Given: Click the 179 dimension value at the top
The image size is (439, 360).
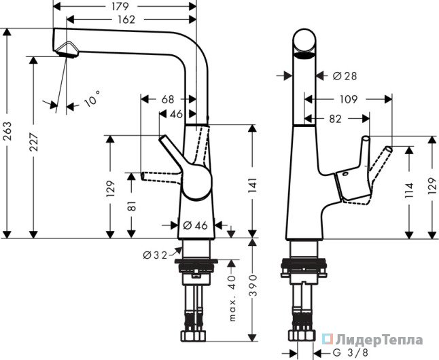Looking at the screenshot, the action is point(120,6).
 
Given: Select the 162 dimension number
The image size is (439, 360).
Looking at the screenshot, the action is point(126,20).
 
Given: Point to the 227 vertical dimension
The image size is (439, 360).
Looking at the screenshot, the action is point(33,142).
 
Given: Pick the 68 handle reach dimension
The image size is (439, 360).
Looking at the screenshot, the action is point(168,99).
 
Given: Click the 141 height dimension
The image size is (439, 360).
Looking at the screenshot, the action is point(252,186).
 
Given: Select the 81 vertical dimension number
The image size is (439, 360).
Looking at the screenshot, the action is point(131,206).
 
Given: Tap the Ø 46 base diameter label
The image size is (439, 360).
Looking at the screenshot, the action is point(195,225).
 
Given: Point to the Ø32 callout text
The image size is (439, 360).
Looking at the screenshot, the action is point(155,255).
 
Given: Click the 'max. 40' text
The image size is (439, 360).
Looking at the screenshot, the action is point(232,298).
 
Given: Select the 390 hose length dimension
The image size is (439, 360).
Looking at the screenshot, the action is point(253,285).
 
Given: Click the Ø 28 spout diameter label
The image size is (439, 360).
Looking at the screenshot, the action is point(345,75).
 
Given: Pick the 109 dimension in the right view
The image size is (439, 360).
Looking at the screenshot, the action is point(349,99).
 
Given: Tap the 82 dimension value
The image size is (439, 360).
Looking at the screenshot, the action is point(336,119).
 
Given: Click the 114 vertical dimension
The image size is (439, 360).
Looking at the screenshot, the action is point(409,190).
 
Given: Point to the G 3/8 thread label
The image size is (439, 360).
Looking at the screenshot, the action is point(350,353).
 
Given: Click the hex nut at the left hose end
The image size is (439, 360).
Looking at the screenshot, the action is point(194,336).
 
